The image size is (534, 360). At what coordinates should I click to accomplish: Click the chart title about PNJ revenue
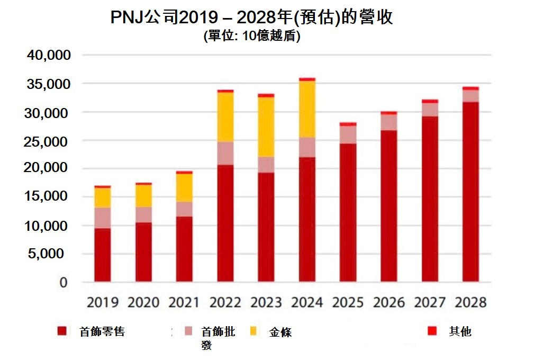(x=251, y=17)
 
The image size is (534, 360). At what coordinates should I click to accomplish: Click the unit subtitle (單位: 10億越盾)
(x=251, y=37)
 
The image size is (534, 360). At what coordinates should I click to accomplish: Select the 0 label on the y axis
(x=63, y=282)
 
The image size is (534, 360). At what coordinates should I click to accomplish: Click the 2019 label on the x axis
(x=102, y=302)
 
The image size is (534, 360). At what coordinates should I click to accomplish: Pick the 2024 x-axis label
(x=307, y=302)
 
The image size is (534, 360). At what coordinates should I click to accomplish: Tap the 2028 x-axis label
(x=470, y=302)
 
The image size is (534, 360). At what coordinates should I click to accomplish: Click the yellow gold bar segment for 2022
(x=225, y=116)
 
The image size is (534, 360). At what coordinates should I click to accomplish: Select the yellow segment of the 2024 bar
(x=307, y=109)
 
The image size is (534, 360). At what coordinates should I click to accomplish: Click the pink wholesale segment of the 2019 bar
(x=102, y=218)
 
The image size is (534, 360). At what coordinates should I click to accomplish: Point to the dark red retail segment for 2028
(x=470, y=191)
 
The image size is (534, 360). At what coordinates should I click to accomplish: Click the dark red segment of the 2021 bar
(x=184, y=249)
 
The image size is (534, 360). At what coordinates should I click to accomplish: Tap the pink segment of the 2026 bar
(x=389, y=122)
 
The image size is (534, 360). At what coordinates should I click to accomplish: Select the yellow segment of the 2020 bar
(x=143, y=195)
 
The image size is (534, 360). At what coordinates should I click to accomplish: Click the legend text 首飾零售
(x=102, y=332)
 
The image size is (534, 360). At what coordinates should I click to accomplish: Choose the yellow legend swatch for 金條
(x=254, y=332)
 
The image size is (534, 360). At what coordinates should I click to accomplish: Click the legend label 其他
(x=460, y=332)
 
